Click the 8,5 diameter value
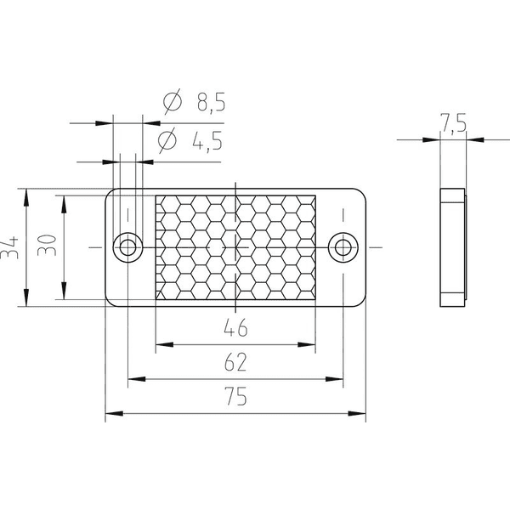click(211, 102)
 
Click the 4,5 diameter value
click(207, 140)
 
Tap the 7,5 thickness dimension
click(453, 122)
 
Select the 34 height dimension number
click(9, 247)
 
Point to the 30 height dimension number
click(47, 245)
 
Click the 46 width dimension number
click(235, 327)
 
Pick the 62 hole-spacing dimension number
click(235, 362)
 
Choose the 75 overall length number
click(235, 396)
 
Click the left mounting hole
click(127, 247)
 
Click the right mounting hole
click(343, 247)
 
